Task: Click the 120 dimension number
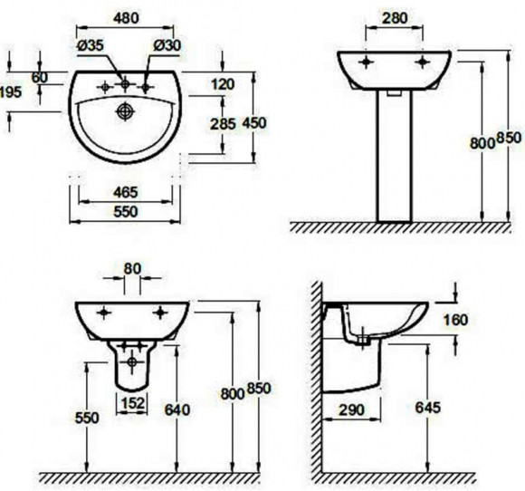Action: tap(222, 84)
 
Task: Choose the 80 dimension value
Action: tap(132, 268)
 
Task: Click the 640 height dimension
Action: tap(177, 409)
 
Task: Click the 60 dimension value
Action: tap(39, 78)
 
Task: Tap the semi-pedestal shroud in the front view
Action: tap(133, 367)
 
